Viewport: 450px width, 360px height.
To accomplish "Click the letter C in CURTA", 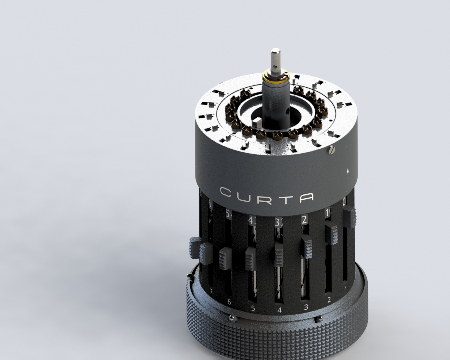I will pos(225,192).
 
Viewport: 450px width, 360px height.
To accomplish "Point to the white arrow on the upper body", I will pos(348,178).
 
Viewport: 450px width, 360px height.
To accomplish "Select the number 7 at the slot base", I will pos(211,291).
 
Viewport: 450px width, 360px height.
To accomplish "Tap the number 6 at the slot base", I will pos(229,302).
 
